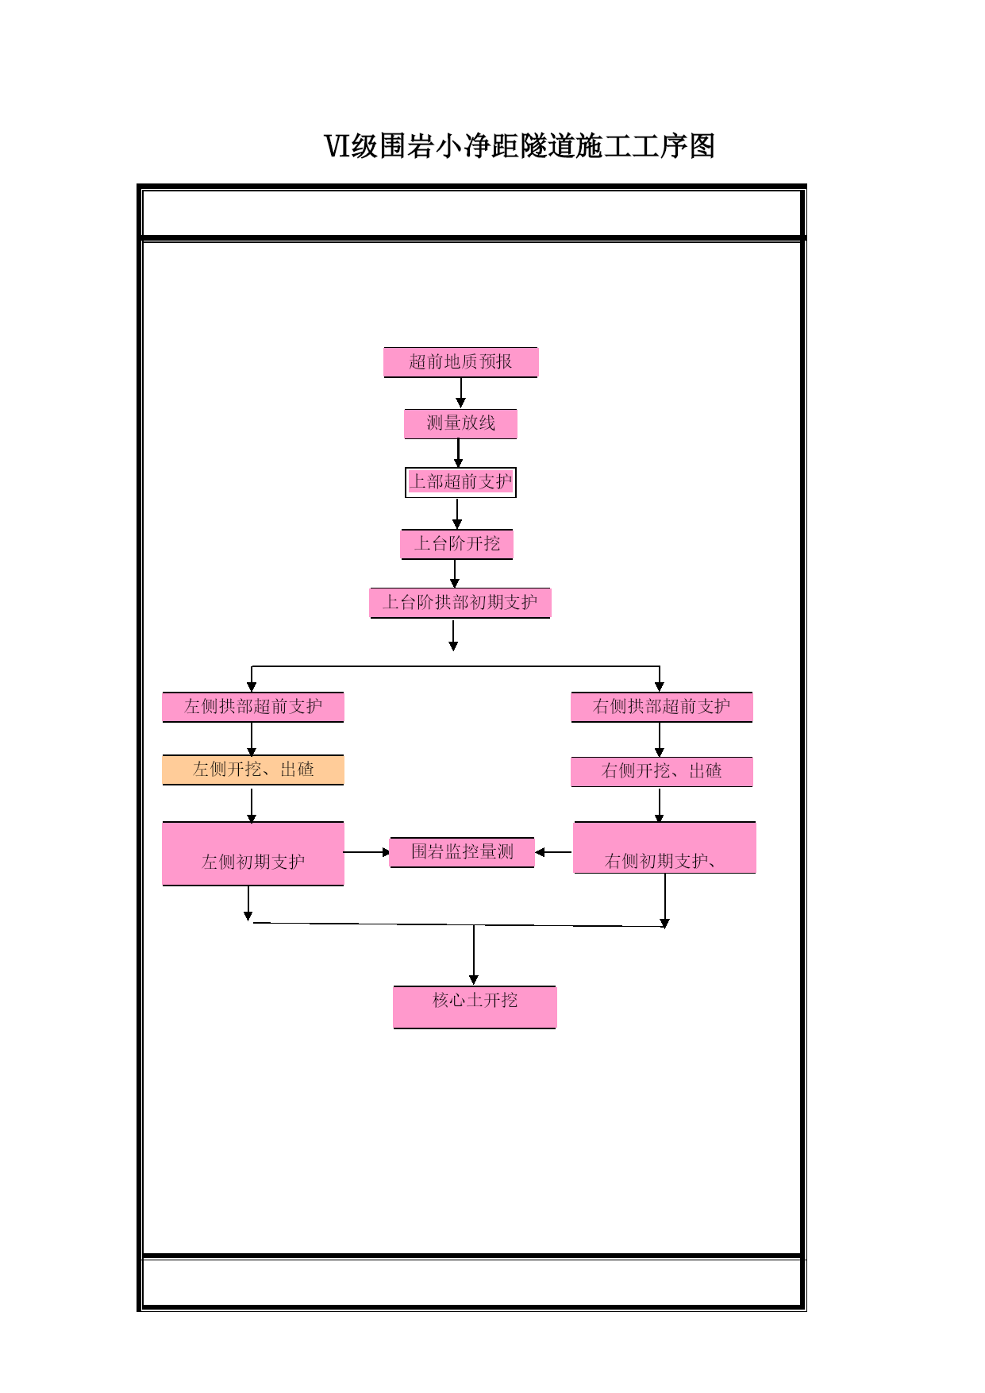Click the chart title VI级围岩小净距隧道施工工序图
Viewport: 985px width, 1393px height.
pyautogui.click(x=519, y=146)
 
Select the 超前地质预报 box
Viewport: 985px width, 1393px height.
pyautogui.click(x=460, y=362)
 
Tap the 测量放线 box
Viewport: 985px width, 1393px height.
pyautogui.click(x=460, y=423)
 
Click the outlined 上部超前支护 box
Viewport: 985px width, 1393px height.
pyautogui.click(x=460, y=482)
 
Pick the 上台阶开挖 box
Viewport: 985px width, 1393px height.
pyautogui.click(x=456, y=544)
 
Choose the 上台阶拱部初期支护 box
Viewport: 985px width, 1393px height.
pyautogui.click(x=460, y=603)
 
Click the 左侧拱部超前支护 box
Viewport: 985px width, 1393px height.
pyautogui.click(x=253, y=707)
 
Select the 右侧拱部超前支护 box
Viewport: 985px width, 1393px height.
pyautogui.click(x=662, y=707)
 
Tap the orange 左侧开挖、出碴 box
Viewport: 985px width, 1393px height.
pyautogui.click(x=253, y=770)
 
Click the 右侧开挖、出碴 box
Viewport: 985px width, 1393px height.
pyautogui.click(x=662, y=771)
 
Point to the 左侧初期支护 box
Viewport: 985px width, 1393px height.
pyautogui.click(x=253, y=854)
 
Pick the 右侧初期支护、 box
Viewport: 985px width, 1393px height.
pyautogui.click(x=664, y=847)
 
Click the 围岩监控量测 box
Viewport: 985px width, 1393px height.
pyautogui.click(x=462, y=852)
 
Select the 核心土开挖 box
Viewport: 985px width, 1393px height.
pyautogui.click(x=475, y=1007)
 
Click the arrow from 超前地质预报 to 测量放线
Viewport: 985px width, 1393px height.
pyautogui.click(x=460, y=393)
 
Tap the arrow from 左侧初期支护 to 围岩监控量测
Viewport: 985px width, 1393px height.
pyautogui.click(x=367, y=852)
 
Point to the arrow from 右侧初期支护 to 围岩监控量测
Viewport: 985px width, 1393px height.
pyautogui.click(x=553, y=852)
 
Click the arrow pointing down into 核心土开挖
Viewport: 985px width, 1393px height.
pyautogui.click(x=474, y=955)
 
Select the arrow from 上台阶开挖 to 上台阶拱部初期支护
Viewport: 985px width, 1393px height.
pyautogui.click(x=455, y=574)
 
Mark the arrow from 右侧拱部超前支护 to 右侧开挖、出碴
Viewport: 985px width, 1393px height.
pyautogui.click(x=659, y=740)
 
